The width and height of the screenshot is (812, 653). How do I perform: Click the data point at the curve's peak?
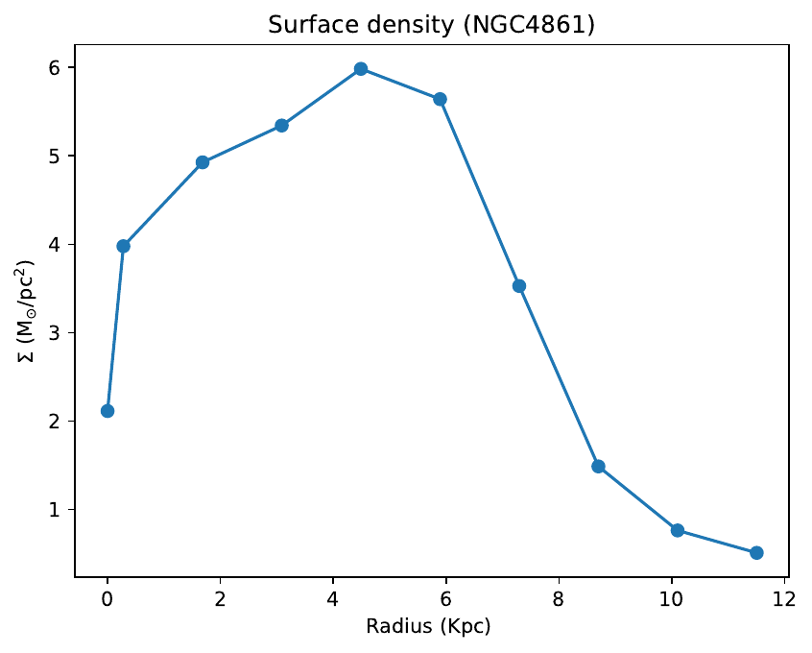(x=361, y=68)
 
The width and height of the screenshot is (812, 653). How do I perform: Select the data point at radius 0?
(x=107, y=411)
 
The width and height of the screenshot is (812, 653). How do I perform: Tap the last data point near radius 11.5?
(x=756, y=552)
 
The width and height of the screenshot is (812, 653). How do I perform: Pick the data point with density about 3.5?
(x=519, y=285)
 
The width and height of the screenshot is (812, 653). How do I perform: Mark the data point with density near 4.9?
(x=203, y=162)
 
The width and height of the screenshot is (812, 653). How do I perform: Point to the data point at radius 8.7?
(x=598, y=466)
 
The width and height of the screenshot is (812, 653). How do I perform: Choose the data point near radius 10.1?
(x=678, y=530)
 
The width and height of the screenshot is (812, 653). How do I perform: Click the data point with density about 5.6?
(x=440, y=99)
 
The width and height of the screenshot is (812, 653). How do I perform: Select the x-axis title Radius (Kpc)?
(x=429, y=627)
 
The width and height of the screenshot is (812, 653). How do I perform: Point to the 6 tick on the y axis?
(x=55, y=68)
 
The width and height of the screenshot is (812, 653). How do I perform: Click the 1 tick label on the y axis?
(x=55, y=510)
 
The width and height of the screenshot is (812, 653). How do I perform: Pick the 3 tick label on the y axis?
(x=55, y=333)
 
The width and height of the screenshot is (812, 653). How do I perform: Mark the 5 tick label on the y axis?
(x=55, y=157)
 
